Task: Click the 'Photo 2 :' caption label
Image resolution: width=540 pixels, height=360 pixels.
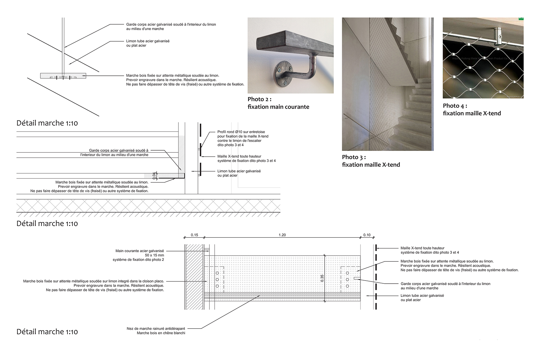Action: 259,99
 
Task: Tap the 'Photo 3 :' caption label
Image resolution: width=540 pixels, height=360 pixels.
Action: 354,157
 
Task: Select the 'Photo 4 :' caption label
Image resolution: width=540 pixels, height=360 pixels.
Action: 455,106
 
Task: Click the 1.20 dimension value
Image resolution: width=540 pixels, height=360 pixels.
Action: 282,235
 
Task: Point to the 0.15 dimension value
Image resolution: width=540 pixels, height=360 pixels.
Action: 194,235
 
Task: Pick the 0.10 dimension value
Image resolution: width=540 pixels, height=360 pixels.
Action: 367,235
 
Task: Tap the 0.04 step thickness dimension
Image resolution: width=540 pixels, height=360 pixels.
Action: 154,176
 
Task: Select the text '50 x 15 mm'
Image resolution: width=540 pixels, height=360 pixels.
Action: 154,255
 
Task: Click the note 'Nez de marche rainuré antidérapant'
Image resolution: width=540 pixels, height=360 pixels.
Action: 156,329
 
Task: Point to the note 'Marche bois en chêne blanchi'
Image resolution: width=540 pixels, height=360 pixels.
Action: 161,333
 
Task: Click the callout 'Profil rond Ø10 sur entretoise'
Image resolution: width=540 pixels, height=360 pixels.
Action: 241,132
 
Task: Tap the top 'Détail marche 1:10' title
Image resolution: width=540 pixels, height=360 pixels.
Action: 47,123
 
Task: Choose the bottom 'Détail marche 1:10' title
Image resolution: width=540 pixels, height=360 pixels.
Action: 47,332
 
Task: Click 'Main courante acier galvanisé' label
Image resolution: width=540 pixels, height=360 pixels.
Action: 139,251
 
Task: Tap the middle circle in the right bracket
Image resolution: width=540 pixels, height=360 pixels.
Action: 348,280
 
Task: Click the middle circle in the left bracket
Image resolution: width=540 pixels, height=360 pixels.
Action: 217,280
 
